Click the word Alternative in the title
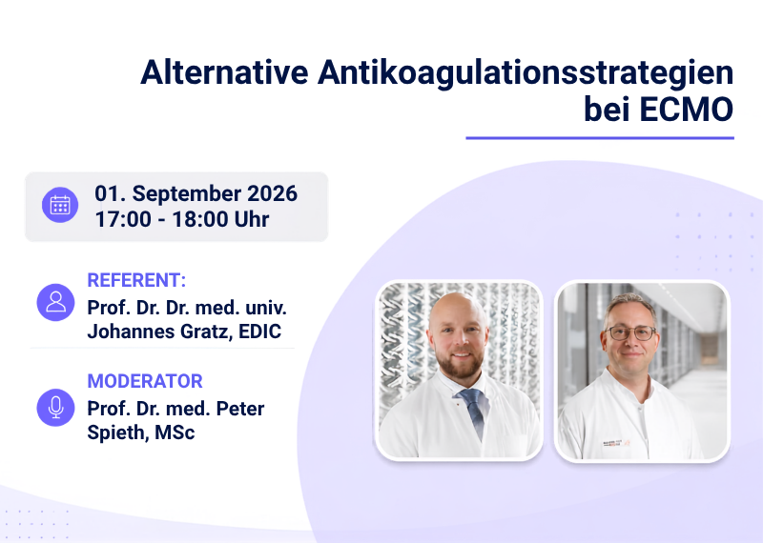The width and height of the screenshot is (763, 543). click(224, 72)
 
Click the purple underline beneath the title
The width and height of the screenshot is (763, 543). click(600, 138)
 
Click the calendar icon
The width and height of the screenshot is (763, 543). click(60, 205)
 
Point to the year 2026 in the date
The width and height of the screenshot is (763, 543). click(273, 193)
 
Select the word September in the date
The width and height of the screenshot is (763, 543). click(187, 194)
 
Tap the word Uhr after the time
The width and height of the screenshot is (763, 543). click(252, 219)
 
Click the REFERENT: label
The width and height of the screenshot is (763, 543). click(136, 280)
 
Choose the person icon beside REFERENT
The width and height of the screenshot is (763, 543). click(56, 302)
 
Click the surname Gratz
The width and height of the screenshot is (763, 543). click(206, 332)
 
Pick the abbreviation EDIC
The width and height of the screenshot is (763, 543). click(259, 332)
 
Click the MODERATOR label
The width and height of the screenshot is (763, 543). click(145, 381)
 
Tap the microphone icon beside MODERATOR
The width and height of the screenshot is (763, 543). click(56, 408)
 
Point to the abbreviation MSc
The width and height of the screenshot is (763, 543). click(175, 432)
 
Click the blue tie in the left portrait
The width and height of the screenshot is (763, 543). click(471, 410)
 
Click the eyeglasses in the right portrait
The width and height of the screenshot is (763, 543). click(630, 333)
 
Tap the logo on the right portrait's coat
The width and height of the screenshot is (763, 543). click(616, 443)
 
